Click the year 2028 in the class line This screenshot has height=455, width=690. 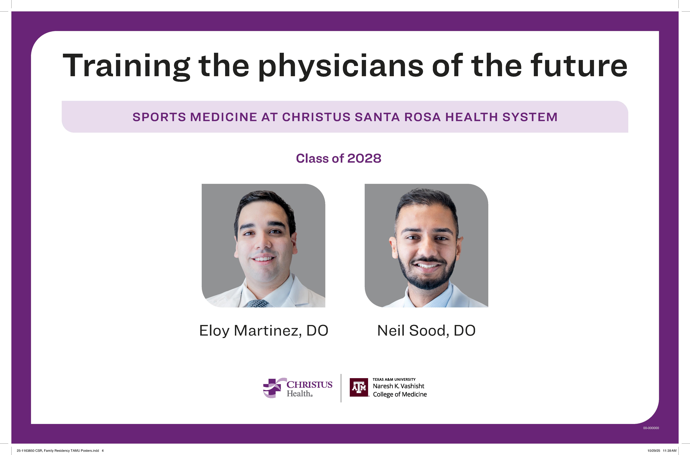364,158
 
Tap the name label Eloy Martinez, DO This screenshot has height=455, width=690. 264,330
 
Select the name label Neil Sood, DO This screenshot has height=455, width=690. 426,330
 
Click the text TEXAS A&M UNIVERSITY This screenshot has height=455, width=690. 394,379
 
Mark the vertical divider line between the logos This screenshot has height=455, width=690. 341,388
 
